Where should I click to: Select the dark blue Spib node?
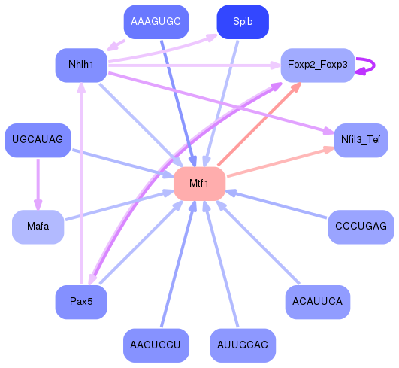243,22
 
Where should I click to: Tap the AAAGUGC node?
156,22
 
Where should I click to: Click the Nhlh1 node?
81,65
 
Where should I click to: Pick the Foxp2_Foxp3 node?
317,65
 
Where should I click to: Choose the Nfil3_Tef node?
360,141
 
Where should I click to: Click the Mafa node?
38,227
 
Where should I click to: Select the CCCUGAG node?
361,227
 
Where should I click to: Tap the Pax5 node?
81,302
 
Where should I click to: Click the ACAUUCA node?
317,302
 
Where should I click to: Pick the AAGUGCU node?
156,345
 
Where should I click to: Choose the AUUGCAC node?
243,345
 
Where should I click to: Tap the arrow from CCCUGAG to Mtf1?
278,205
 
